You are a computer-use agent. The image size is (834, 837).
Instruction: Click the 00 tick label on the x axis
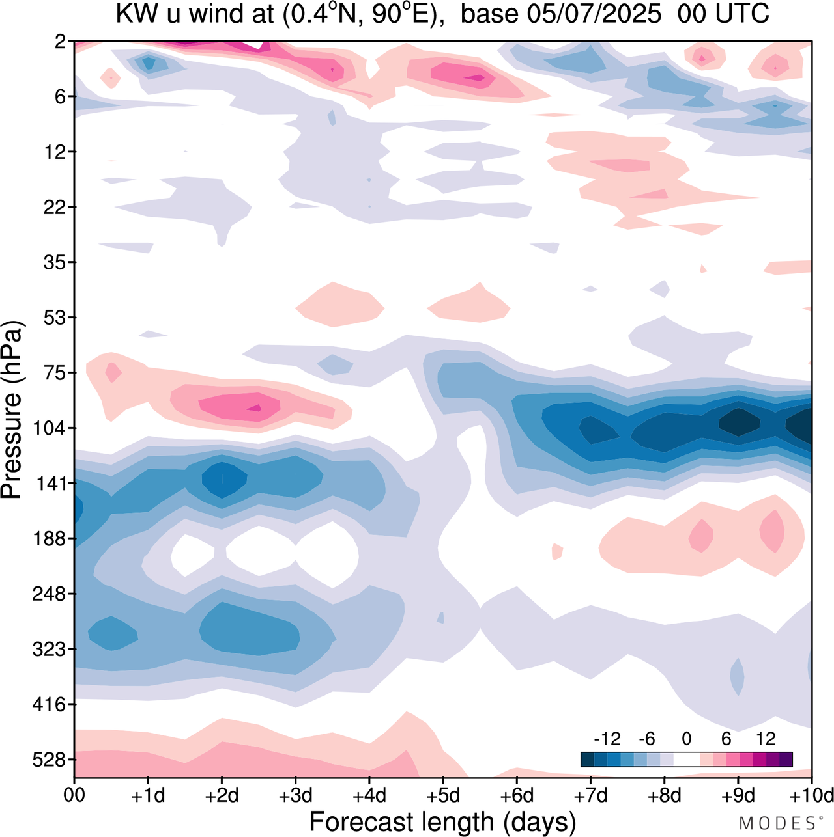point(74,795)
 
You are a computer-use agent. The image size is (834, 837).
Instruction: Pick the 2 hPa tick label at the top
point(61,42)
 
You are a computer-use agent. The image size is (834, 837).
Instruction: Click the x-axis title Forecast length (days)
point(442,821)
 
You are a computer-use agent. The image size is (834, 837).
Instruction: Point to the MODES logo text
point(778,823)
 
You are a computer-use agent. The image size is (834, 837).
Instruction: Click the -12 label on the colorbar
point(607,739)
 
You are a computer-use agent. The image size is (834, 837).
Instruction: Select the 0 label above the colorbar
point(686,739)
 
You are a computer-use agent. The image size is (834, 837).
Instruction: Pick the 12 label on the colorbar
point(766,739)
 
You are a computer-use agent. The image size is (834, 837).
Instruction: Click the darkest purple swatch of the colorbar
point(786,760)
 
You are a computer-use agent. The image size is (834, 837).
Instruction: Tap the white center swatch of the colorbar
point(686,760)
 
